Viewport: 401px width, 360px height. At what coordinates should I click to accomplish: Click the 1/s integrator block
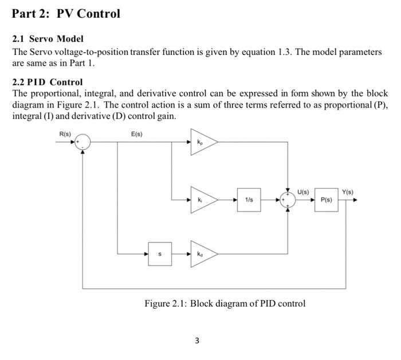(x=249, y=200)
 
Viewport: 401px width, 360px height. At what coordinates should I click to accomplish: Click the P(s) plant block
(x=327, y=200)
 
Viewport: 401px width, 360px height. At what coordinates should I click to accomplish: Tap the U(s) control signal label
(x=303, y=192)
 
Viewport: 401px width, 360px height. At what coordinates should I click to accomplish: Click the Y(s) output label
(x=348, y=192)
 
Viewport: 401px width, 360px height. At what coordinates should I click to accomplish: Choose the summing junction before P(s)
(x=286, y=200)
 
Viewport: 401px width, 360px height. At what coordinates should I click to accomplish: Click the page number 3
(x=197, y=341)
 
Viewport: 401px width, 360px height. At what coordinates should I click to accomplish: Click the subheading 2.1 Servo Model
(x=48, y=39)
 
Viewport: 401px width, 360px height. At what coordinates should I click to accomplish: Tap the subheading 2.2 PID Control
(x=48, y=82)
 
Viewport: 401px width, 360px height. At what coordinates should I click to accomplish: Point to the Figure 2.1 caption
(x=225, y=303)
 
